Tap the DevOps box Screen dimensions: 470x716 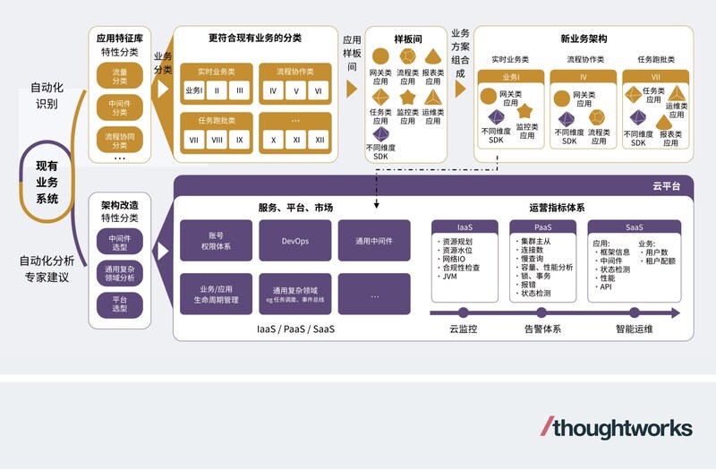point(295,241)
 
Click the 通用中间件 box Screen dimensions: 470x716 point(374,241)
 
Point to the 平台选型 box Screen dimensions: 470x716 point(119,304)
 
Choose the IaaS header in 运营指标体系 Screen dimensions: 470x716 point(464,227)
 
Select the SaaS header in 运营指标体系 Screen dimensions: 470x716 point(637,227)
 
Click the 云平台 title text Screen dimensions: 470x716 point(667,186)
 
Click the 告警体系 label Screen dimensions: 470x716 point(542,329)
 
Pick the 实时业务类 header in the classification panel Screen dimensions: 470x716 point(216,70)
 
